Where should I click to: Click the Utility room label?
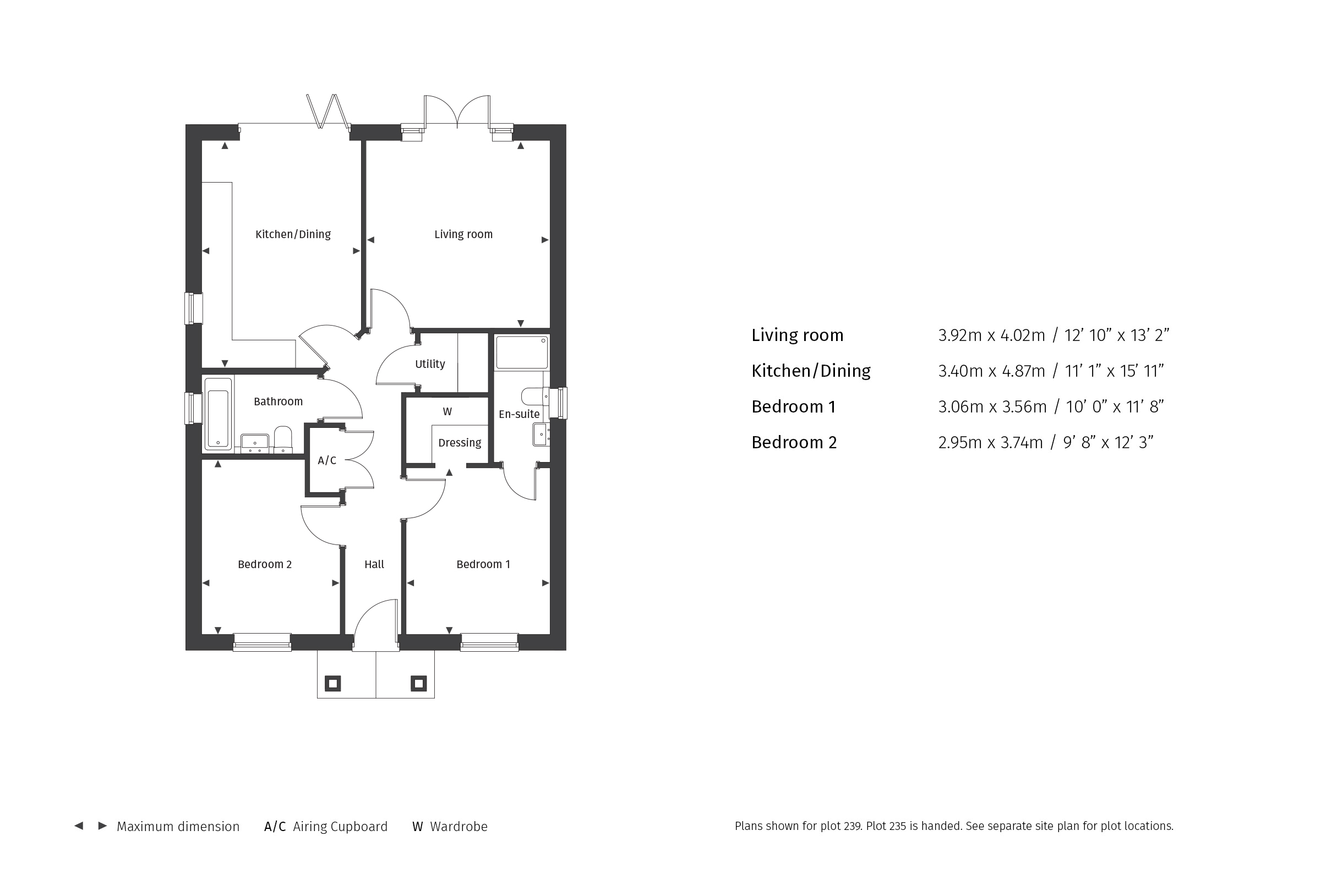pos(430,364)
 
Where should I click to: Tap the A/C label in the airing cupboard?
pos(327,461)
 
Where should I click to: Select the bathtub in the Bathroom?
pos(218,414)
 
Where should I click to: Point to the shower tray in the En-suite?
pos(522,353)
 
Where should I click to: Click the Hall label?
pos(374,565)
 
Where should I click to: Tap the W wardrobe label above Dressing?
pos(447,412)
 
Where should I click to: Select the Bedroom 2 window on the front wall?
pos(263,641)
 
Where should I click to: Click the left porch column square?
pos(333,684)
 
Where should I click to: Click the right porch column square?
pos(419,684)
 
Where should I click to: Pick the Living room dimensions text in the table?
pos(1053,335)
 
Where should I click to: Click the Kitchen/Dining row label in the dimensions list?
pos(811,371)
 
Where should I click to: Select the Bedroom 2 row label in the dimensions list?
pos(794,442)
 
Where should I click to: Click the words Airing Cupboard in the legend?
pos(340,827)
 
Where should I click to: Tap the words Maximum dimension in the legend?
pos(178,827)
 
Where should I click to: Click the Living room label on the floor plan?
pos(463,235)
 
